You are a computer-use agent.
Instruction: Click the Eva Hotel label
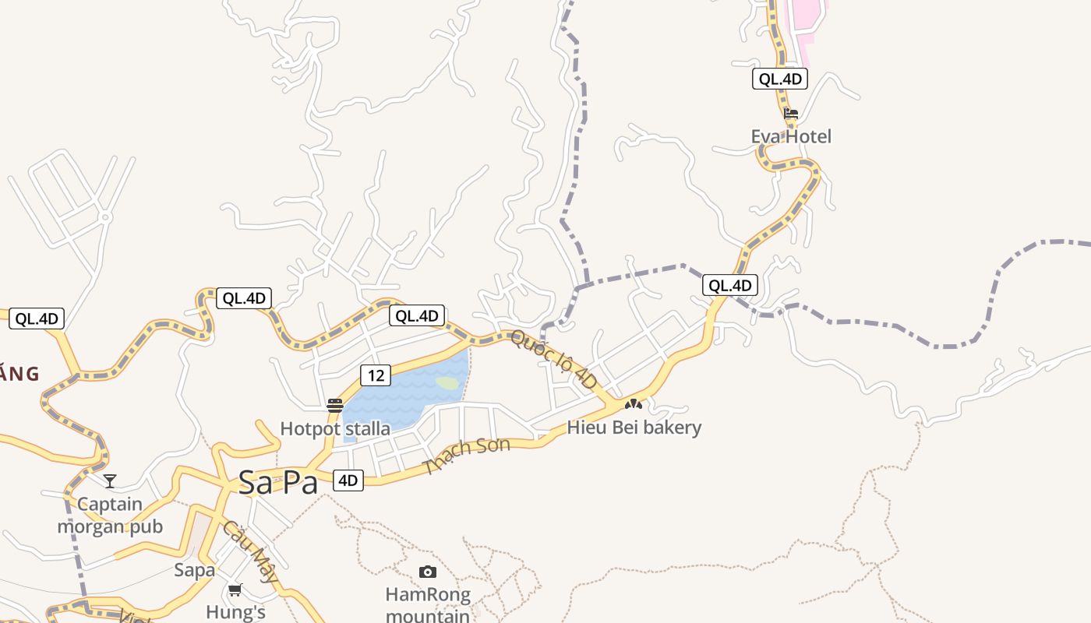tap(791, 137)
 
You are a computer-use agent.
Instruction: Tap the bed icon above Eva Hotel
tap(791, 114)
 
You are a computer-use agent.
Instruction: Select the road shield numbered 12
tap(376, 375)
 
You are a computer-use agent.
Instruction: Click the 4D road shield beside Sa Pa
tap(348, 480)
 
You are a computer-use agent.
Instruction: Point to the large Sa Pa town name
tap(278, 483)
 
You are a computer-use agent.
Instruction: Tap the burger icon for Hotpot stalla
tap(335, 406)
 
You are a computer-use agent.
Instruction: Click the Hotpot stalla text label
tap(335, 428)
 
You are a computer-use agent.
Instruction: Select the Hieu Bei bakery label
tap(634, 428)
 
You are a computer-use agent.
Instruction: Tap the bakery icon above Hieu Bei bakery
tap(634, 404)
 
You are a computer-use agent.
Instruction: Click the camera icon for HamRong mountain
tap(427, 572)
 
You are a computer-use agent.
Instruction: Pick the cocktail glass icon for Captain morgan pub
tap(110, 480)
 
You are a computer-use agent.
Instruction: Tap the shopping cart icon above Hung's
tap(235, 590)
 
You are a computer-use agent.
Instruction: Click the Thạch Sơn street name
tap(467, 456)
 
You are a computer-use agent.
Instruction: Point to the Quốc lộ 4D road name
tap(554, 360)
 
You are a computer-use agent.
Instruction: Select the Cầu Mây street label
tap(250, 551)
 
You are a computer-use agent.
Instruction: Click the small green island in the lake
tap(447, 382)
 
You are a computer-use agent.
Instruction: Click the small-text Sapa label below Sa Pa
tap(195, 570)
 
